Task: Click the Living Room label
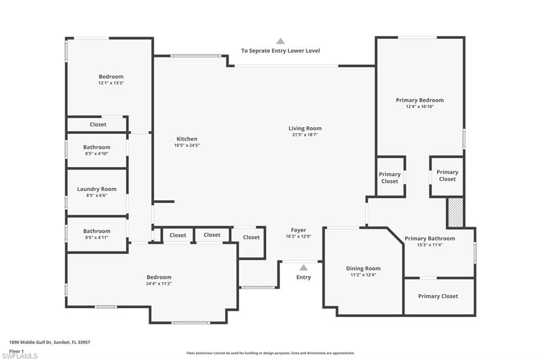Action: click(305, 128)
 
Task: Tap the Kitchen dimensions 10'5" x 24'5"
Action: click(187, 146)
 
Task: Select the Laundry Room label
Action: click(97, 189)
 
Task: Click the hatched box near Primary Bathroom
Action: click(455, 212)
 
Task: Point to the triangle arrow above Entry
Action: click(303, 268)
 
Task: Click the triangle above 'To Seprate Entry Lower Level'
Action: click(281, 41)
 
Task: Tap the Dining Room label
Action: click(363, 268)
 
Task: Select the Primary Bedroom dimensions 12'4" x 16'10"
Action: click(420, 107)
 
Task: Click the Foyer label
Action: click(299, 230)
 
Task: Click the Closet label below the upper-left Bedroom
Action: click(98, 125)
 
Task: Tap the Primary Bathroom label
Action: click(430, 238)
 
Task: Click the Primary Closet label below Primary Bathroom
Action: click(438, 296)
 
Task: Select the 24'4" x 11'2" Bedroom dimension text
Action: click(159, 284)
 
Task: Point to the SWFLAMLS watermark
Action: click(20, 356)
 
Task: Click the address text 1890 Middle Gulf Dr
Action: click(30, 343)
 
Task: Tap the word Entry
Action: click(304, 277)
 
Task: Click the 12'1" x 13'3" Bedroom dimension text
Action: click(111, 83)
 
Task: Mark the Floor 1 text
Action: click(16, 352)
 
